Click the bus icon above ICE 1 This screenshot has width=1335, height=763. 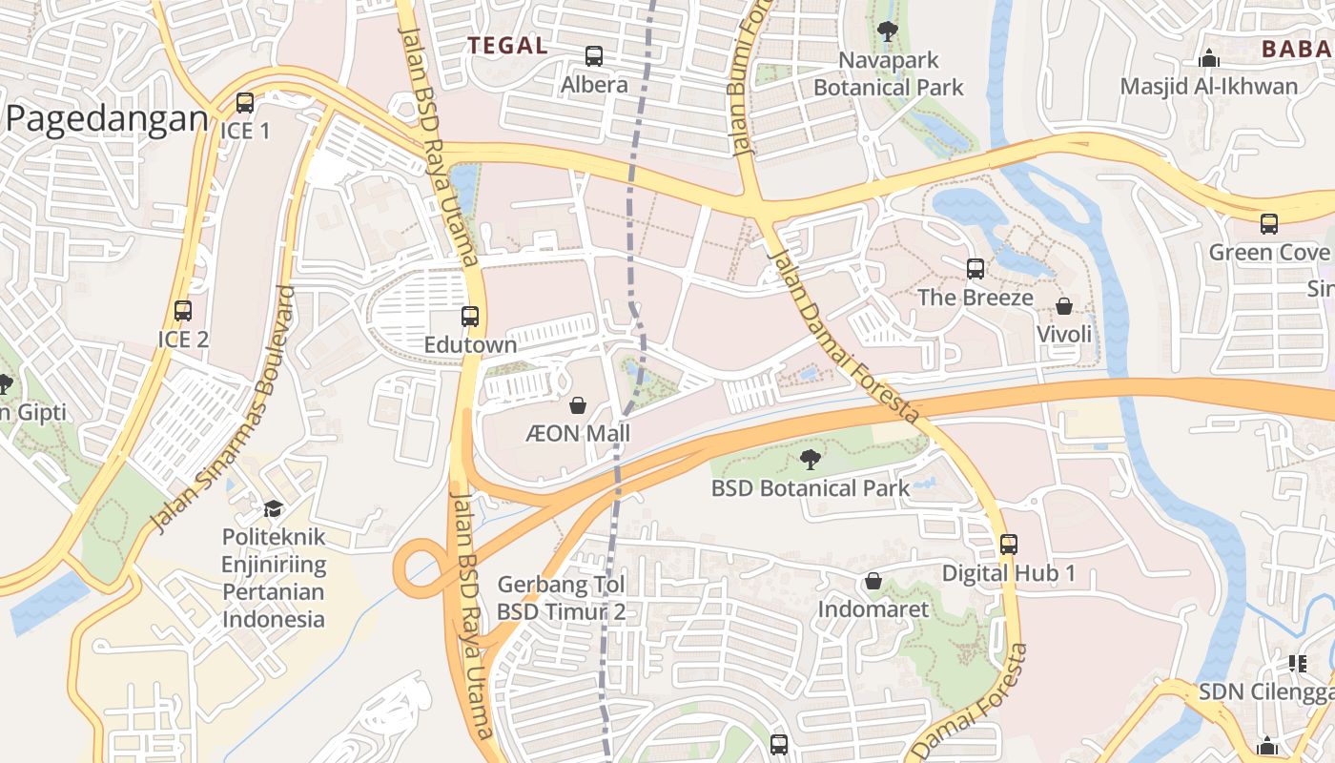pos(245,103)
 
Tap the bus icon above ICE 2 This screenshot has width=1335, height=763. pos(183,311)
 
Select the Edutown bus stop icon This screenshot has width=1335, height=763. pos(470,317)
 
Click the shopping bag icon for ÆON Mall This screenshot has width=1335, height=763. pos(578,406)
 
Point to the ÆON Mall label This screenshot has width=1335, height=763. pos(578,434)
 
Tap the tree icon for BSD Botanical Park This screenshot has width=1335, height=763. pos(811,460)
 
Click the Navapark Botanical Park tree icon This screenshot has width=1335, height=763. pos(888,31)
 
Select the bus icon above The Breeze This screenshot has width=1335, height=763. pos(975,269)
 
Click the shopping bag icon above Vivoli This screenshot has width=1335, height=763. pos(1064,306)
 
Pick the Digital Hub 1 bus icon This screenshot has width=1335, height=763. pos(1009,545)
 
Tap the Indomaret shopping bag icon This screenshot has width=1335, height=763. pos(873,581)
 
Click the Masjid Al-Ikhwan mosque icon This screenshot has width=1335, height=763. pos(1209,58)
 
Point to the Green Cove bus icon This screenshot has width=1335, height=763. pos(1268,224)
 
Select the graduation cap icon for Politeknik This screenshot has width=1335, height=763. pos(274,508)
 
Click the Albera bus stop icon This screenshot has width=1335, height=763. pos(594,56)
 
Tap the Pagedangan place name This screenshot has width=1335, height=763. pos(107,119)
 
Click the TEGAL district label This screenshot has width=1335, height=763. pos(506,45)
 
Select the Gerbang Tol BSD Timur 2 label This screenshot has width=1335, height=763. pos(561,598)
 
